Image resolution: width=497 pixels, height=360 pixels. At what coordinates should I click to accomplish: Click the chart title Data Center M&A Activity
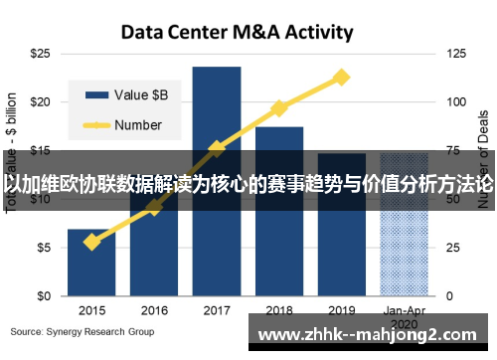coord(236,32)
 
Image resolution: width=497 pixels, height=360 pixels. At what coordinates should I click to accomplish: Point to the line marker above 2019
coord(341,77)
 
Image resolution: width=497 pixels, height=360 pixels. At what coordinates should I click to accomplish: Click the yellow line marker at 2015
coord(91,242)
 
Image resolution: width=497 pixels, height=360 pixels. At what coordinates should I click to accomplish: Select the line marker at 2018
coord(278,107)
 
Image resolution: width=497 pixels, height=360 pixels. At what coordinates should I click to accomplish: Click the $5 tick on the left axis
coord(43,248)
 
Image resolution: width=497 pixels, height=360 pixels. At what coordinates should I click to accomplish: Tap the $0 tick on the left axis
coord(43,296)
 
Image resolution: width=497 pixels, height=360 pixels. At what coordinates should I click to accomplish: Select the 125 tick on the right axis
coord(455,53)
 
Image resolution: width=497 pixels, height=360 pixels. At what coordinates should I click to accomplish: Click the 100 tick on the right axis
coord(455,101)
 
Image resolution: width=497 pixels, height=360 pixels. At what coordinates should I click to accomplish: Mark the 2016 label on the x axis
coord(154,310)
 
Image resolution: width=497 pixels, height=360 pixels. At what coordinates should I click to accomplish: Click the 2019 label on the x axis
coord(341,310)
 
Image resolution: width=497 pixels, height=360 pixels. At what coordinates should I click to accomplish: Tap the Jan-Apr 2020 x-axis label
coord(404,316)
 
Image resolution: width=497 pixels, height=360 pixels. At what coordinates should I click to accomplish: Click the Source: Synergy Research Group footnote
coord(83,331)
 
